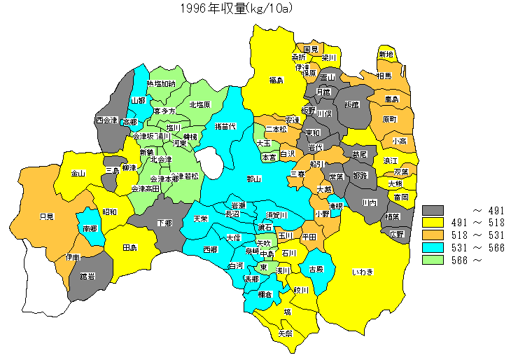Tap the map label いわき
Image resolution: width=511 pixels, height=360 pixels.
pyautogui.click(x=362, y=272)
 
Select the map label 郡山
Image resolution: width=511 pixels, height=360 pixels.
pyautogui.click(x=254, y=179)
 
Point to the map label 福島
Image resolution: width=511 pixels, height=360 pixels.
pyautogui.click(x=276, y=81)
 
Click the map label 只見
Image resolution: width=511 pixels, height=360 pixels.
pyautogui.click(x=47, y=217)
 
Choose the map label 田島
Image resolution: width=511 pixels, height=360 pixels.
pyautogui.click(x=129, y=248)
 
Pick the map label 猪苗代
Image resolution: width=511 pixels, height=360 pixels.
pyautogui.click(x=225, y=127)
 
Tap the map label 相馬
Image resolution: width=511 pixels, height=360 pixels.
pyautogui.click(x=384, y=76)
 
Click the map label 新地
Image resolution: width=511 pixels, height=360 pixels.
pyautogui.click(x=386, y=55)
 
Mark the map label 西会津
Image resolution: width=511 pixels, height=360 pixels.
pyautogui.click(x=107, y=120)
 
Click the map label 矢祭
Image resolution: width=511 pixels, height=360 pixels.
pyautogui.click(x=286, y=333)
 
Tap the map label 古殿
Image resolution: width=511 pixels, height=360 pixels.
pyautogui.click(x=316, y=269)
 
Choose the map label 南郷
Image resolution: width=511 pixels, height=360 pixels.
pyautogui.click(x=90, y=228)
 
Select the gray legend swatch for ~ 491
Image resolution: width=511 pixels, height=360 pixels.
pyautogui.click(x=434, y=209)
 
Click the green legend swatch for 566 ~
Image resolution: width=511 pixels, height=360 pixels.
pyautogui.click(x=434, y=260)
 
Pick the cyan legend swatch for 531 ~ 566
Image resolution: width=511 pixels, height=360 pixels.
pyautogui.click(x=434, y=247)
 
